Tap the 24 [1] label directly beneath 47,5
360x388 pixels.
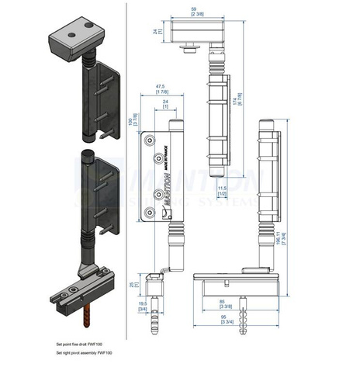click(164, 103)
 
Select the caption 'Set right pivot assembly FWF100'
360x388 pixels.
click(85, 353)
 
